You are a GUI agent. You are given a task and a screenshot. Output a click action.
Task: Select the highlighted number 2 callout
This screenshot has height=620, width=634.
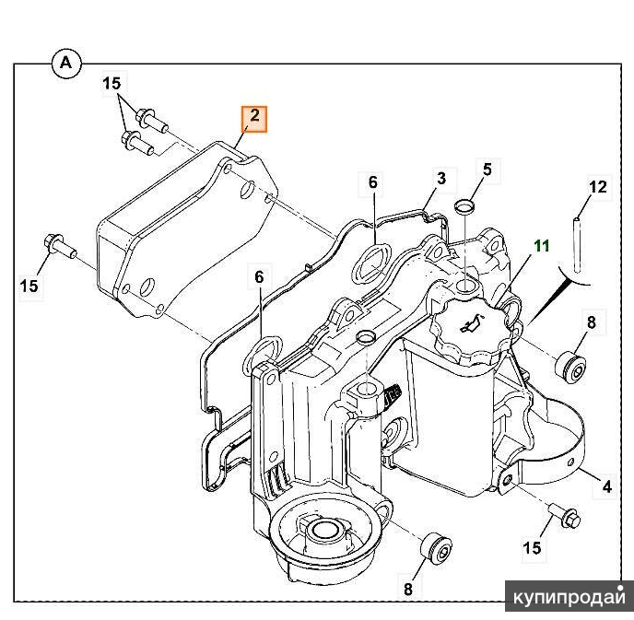254,118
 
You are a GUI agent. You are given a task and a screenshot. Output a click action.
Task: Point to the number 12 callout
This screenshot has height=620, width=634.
598,188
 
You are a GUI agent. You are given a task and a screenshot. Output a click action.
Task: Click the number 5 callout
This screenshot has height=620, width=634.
487,169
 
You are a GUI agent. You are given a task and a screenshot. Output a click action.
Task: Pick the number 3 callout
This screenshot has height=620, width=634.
441,178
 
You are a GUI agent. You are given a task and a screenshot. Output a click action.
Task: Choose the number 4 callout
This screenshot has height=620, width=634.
607,485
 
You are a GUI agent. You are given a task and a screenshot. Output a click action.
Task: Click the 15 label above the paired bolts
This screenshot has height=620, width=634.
112,84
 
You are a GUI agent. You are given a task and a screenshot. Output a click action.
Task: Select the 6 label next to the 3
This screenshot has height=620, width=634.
373,182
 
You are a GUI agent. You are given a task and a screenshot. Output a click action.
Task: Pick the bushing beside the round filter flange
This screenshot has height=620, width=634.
437,550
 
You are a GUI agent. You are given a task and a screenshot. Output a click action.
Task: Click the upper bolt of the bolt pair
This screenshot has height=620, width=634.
148,118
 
